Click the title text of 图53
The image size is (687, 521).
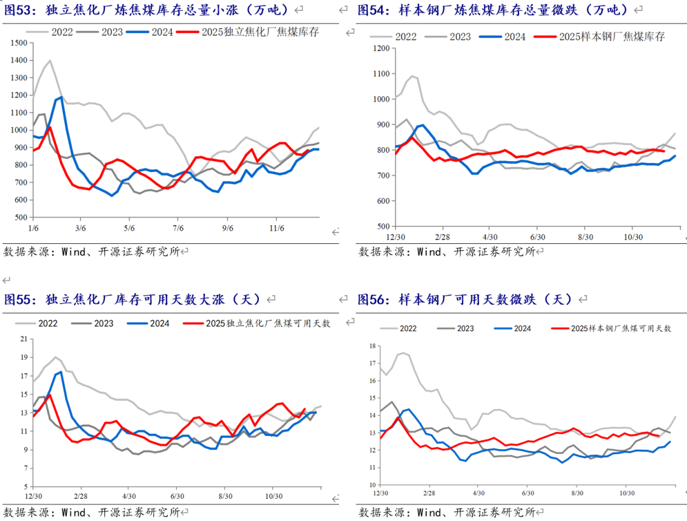tap(146, 10)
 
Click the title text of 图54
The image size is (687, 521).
tap(493, 10)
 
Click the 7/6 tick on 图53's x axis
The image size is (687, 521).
tap(178, 227)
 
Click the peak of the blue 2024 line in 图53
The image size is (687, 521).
tap(62, 97)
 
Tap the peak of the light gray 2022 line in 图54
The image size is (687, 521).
tap(412, 76)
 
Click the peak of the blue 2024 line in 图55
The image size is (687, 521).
tap(61, 372)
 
